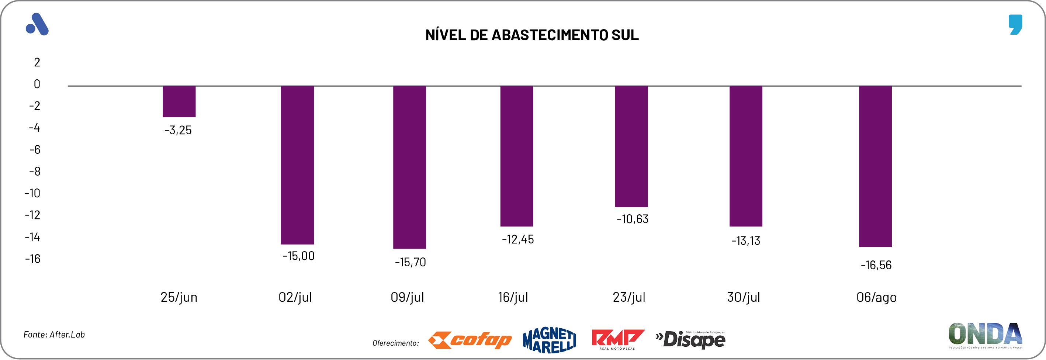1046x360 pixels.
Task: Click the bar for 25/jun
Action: point(179,101)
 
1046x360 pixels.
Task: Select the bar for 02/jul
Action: point(297,165)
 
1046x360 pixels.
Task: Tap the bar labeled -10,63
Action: point(631,146)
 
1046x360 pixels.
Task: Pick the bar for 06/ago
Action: point(875,166)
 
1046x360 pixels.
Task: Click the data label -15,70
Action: point(410,262)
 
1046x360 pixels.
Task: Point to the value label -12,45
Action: point(518,239)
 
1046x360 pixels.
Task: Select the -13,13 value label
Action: point(745,241)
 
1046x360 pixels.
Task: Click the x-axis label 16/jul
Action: point(513,297)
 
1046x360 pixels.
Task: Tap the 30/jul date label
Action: point(743,297)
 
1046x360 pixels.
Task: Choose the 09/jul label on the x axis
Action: point(407,297)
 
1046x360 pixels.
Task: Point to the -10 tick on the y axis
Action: point(32,193)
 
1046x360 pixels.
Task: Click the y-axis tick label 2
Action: point(37,62)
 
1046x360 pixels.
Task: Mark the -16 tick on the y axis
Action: point(33,259)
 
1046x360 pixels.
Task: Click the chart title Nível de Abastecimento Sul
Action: point(531,35)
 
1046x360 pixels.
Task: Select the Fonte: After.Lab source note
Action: point(54,335)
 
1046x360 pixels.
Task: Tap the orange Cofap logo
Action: point(470,340)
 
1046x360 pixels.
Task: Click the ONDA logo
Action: point(985,335)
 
